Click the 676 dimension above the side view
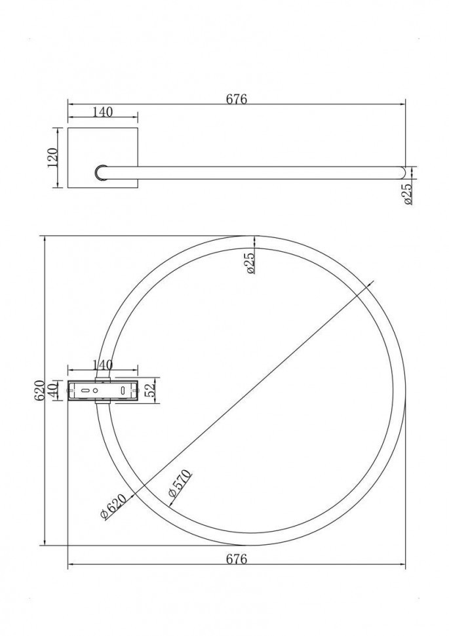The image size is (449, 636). click(236, 99)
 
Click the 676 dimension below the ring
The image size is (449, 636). click(236, 559)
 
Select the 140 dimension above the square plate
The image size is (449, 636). click(102, 112)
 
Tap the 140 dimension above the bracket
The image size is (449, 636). click(102, 365)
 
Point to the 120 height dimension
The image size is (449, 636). click(54, 157)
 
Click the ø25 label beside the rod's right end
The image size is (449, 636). click(408, 194)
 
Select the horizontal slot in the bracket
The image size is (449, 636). click(85, 390)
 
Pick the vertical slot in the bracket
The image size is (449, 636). click(123, 390)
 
